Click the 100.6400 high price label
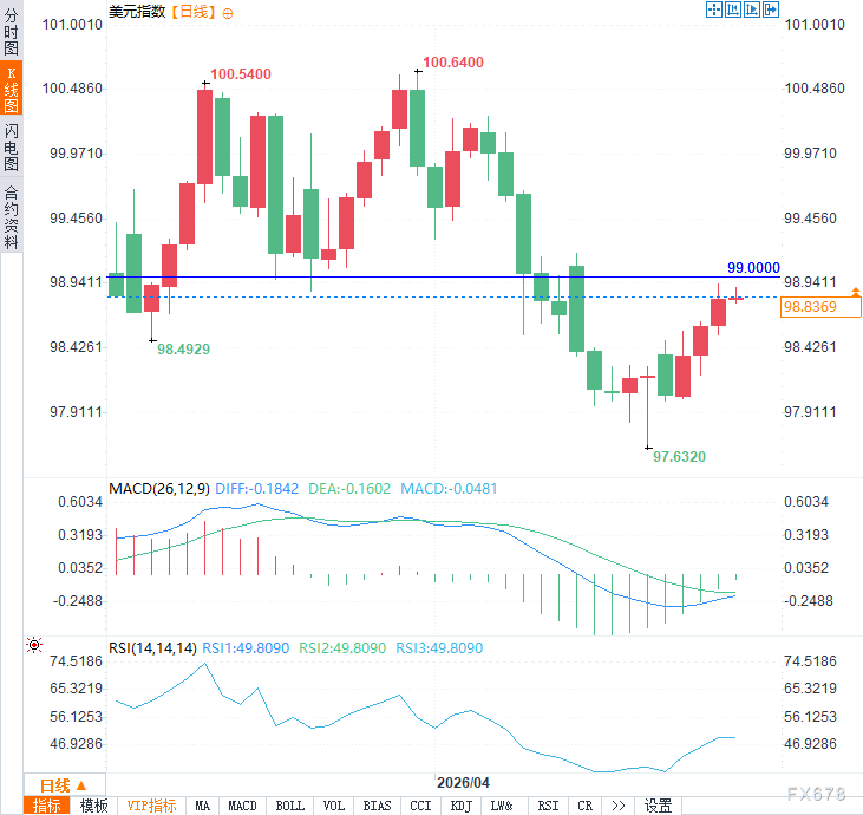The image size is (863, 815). tap(453, 63)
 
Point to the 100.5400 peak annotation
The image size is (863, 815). tap(240, 74)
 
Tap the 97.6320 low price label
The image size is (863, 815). tap(679, 457)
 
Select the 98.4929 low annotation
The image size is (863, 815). tap(183, 350)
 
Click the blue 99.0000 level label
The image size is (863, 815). tap(753, 268)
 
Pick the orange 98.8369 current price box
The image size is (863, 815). tap(819, 307)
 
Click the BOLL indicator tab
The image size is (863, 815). tap(290, 806)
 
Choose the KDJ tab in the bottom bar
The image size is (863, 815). tap(460, 806)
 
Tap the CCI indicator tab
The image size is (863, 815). tap(420, 806)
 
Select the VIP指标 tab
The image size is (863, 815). tap(152, 806)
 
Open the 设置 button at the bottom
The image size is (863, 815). tap(658, 806)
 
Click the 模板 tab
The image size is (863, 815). tap(94, 806)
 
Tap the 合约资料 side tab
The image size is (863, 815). tap(11, 217)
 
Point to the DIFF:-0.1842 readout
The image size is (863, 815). tap(257, 489)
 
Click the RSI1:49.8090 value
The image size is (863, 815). tap(246, 648)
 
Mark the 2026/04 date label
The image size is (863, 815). tap(463, 783)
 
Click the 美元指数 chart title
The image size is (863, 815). tap(137, 12)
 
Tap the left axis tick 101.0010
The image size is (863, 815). tap(73, 25)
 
